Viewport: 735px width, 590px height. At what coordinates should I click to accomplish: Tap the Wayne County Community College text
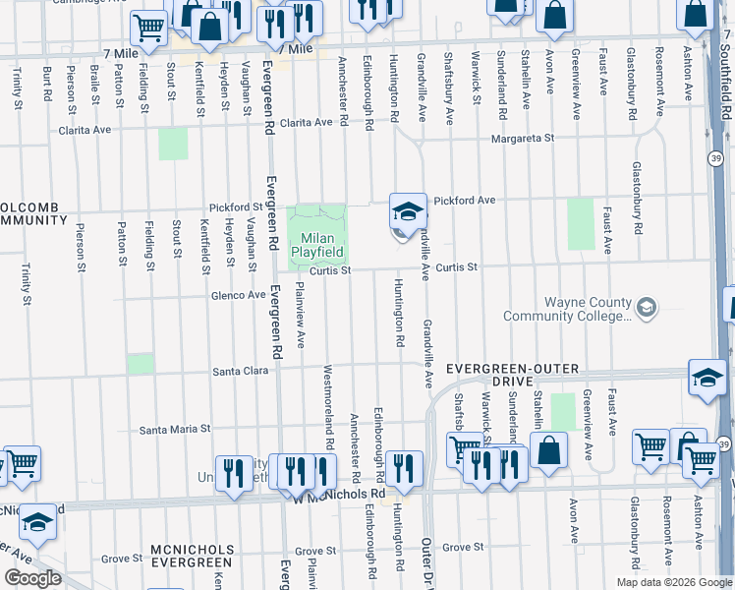click(567, 309)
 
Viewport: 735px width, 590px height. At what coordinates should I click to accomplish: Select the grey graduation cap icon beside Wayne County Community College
click(646, 309)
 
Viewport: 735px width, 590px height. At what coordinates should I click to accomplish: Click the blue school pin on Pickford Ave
click(408, 211)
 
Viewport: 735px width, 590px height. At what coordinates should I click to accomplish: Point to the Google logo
click(33, 577)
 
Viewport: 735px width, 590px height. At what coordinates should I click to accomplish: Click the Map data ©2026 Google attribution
click(673, 582)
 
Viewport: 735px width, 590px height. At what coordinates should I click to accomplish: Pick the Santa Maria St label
click(175, 429)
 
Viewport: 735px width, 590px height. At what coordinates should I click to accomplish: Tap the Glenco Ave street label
click(236, 294)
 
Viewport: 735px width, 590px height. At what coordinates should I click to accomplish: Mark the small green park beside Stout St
click(173, 144)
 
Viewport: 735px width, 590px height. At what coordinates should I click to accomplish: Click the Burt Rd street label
click(46, 83)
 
